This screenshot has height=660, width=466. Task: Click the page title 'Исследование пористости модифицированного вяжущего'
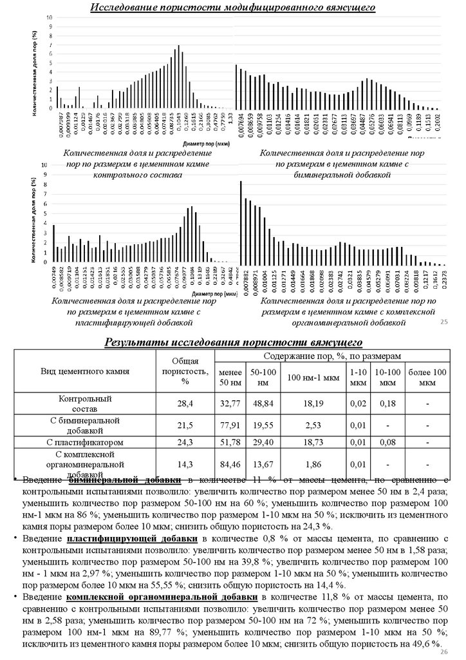pyautogui.click(x=232, y=8)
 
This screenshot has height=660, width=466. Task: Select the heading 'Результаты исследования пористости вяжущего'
pyautogui.click(x=234, y=342)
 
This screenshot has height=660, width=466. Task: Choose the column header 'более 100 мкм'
pyautogui.click(x=427, y=377)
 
